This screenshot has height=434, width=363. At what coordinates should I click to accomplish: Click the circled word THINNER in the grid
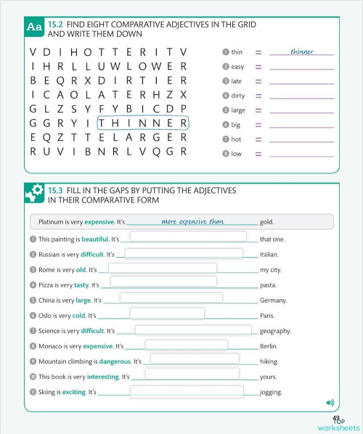[x=143, y=123]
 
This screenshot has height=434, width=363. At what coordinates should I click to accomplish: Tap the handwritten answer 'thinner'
[x=301, y=52]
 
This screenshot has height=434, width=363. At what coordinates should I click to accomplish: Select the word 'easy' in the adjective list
[x=237, y=66]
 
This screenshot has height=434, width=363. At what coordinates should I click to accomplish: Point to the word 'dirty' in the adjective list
[x=238, y=95]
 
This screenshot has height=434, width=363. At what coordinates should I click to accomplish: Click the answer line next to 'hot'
[x=301, y=139]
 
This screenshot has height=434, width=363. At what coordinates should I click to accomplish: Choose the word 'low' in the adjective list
[x=236, y=153]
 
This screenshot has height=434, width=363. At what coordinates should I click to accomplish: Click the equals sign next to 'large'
[x=258, y=110]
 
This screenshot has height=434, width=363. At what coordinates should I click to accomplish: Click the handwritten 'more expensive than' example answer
[x=193, y=221]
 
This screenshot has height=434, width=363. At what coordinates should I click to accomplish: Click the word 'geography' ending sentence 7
[x=275, y=330]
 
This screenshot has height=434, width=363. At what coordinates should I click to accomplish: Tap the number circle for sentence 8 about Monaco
[x=33, y=346]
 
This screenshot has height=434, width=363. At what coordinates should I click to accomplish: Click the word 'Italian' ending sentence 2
[x=269, y=255]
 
